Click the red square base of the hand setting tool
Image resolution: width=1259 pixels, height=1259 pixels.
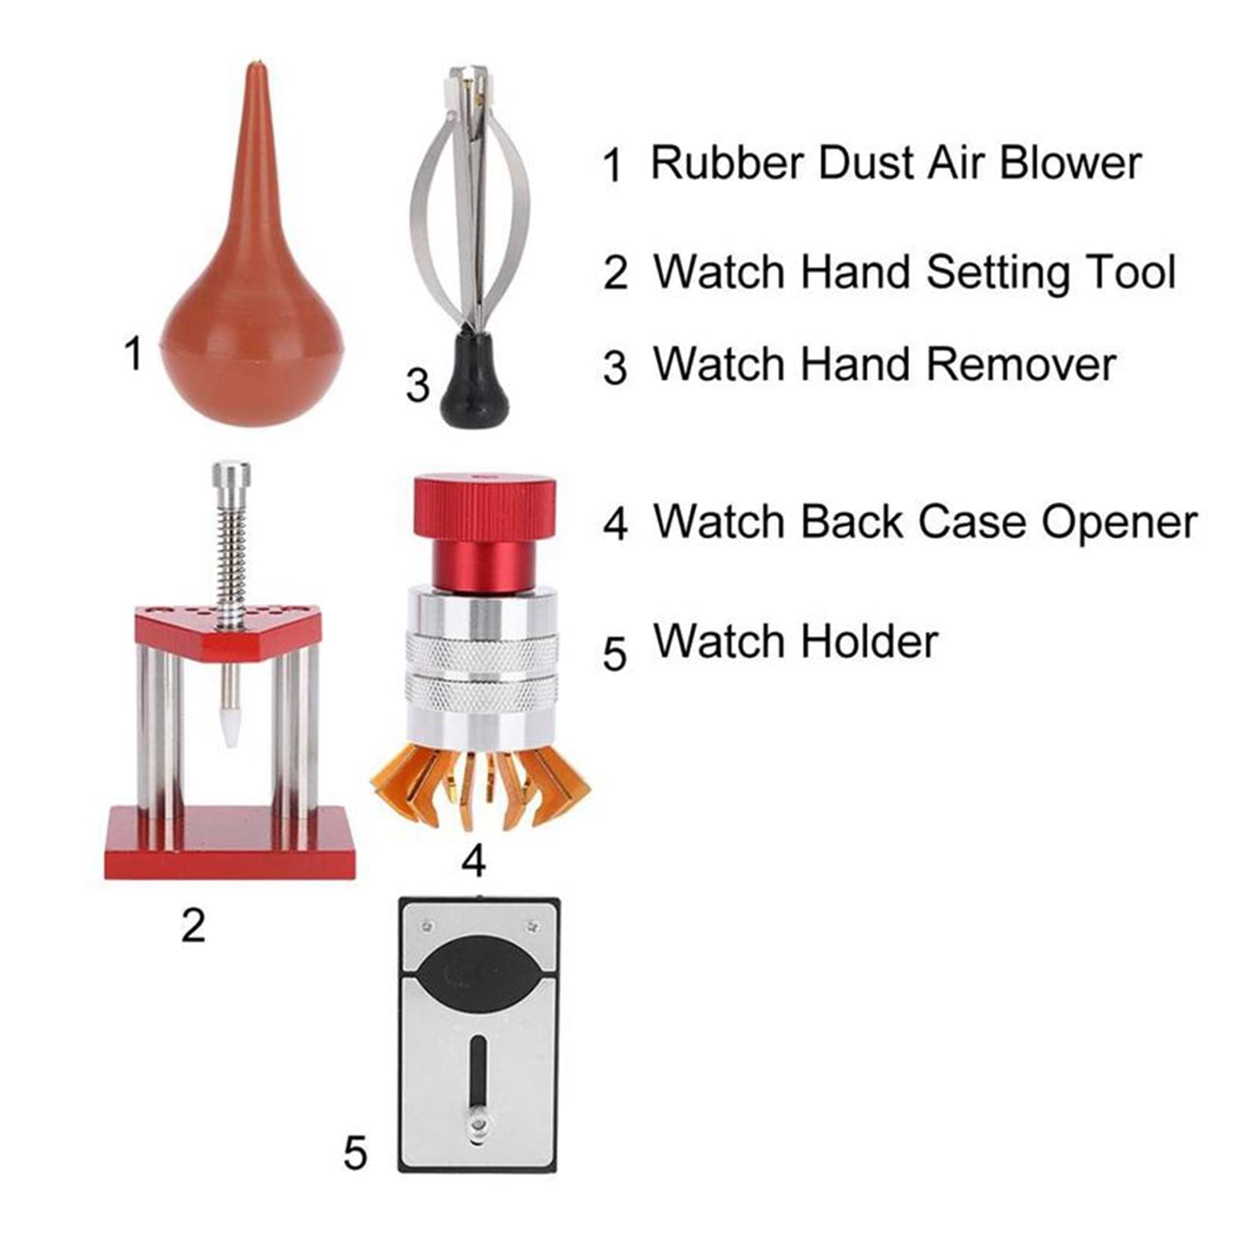click(x=230, y=842)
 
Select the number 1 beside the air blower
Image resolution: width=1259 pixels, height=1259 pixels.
click(x=134, y=353)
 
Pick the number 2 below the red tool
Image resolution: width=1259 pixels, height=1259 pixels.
click(x=193, y=926)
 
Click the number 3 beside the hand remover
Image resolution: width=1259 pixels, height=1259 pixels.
click(x=418, y=386)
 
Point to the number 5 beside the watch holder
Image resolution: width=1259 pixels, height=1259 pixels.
click(x=355, y=1154)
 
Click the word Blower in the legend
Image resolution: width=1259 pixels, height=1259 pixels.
click(x=1070, y=163)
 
